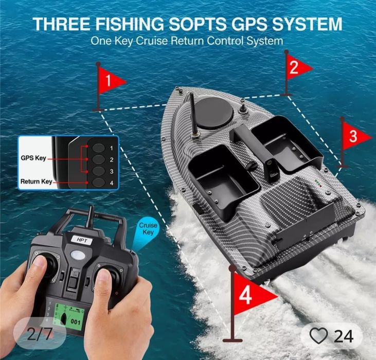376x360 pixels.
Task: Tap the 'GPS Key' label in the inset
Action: click(x=33, y=158)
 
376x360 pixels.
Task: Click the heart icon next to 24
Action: click(x=318, y=336)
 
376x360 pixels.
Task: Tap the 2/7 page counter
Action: click(x=39, y=335)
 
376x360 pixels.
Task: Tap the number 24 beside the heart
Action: click(x=344, y=336)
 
